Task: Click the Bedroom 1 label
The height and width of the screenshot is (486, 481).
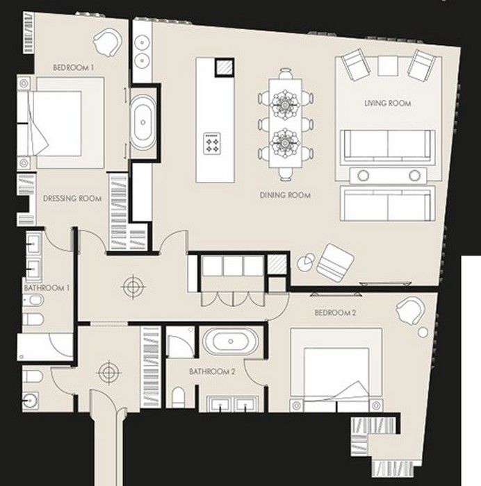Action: (x=73, y=67)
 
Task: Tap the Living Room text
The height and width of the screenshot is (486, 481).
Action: (x=388, y=103)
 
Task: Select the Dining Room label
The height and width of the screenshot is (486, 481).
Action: (x=285, y=195)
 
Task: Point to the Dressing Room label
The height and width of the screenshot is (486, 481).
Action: (x=72, y=199)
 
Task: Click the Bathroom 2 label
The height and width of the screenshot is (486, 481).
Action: (x=212, y=371)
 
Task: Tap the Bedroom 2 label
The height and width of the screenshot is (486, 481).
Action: (x=335, y=312)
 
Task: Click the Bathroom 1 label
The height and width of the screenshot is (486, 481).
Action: (x=47, y=288)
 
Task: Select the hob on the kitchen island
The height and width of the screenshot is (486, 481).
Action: (x=212, y=143)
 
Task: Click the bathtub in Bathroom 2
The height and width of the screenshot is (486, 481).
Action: (x=230, y=342)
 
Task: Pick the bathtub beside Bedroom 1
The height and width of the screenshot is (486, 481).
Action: (x=142, y=122)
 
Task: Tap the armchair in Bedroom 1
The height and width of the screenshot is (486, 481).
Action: (x=107, y=42)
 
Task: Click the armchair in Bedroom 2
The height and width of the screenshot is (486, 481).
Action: (x=410, y=310)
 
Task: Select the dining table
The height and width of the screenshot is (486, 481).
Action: (x=285, y=123)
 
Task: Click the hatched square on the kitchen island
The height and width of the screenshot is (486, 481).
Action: (x=224, y=67)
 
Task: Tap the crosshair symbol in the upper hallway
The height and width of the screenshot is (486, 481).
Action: (x=133, y=287)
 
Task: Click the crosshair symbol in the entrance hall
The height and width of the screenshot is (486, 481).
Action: (x=108, y=372)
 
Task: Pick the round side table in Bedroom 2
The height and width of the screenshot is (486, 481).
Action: (x=423, y=333)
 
